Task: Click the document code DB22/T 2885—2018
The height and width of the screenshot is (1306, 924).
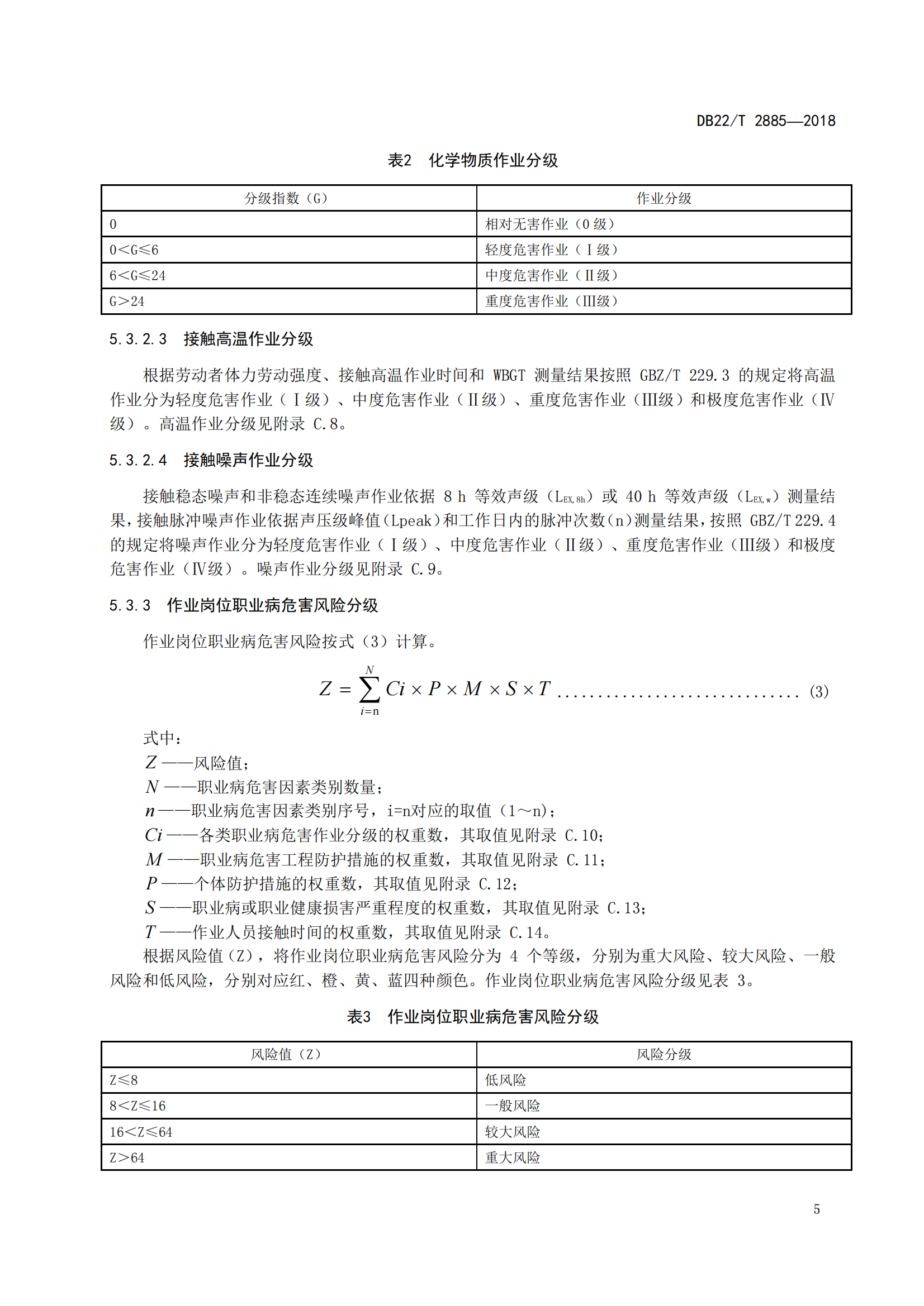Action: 765,121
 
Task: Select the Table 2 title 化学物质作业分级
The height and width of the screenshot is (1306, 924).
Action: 492,160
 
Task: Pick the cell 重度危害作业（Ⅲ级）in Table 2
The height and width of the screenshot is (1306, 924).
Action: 551,301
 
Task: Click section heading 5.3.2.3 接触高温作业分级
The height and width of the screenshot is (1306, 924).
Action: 211,339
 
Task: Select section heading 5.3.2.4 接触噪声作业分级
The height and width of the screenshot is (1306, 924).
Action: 211,460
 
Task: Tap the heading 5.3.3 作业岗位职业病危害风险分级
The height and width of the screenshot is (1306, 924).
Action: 243,605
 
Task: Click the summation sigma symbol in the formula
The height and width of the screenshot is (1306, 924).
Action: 369,690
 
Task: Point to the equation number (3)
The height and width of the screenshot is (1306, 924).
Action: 819,692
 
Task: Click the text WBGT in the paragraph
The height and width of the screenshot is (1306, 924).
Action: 509,375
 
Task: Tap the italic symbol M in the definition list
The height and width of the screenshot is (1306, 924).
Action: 154,859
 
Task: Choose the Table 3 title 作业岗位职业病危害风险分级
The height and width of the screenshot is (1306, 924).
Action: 492,1016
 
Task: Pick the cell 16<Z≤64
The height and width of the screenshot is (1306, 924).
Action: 141,1132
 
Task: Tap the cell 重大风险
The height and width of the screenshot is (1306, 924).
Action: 512,1157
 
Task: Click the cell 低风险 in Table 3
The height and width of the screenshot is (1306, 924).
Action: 505,1080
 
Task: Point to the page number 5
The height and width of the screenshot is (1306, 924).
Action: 817,1209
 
